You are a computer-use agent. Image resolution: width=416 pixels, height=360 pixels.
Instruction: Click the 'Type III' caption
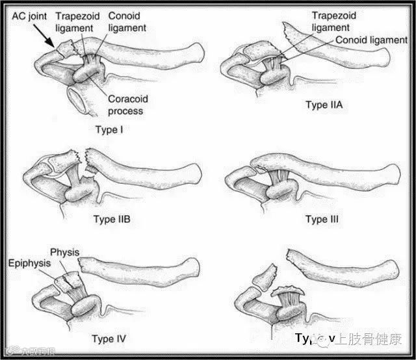(x=322, y=219)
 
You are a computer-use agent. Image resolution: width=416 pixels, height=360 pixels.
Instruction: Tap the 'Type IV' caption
(x=109, y=339)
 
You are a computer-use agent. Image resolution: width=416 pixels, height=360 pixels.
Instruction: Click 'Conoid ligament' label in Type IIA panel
(x=371, y=40)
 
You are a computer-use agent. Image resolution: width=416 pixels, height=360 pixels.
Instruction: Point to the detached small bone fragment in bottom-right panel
(x=263, y=277)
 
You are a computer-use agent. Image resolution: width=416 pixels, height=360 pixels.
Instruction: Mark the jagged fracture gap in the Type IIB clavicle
(x=83, y=159)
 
